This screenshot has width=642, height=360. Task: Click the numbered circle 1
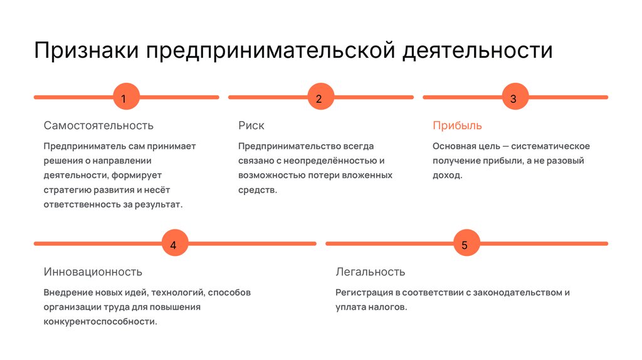(124, 98)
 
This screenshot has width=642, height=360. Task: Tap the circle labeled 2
(318, 98)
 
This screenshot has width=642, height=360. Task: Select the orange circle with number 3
(513, 98)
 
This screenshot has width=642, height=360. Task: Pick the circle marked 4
(173, 244)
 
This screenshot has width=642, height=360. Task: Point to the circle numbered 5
(465, 244)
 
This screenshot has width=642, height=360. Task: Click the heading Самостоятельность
(98, 125)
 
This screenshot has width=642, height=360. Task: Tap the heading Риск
(251, 125)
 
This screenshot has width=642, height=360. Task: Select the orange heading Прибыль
(457, 125)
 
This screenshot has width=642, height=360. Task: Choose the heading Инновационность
(93, 272)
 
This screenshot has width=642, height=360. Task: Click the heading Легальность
(370, 272)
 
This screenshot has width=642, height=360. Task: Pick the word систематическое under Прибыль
(550, 146)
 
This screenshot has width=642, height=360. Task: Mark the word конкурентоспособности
(100, 322)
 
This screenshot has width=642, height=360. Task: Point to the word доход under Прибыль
(446, 175)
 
